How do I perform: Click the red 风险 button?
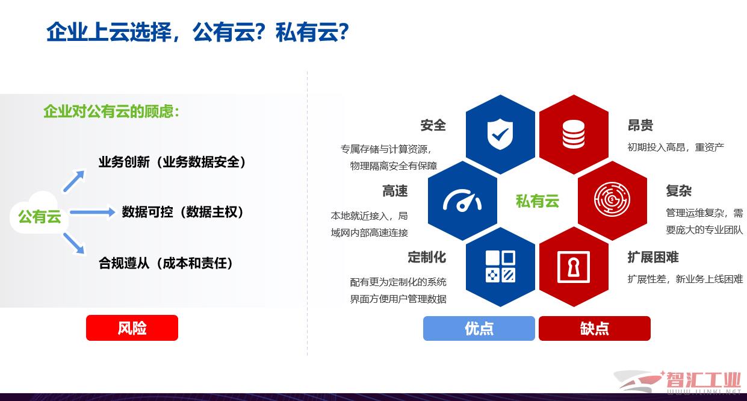(x=132, y=328)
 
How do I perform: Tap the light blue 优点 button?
(x=479, y=328)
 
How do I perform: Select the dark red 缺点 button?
(x=594, y=328)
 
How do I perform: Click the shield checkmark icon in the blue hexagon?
(x=500, y=134)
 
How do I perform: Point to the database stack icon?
(x=574, y=134)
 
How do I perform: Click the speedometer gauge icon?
(x=462, y=200)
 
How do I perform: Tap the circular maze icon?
(x=612, y=199)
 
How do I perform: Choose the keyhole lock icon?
(x=574, y=267)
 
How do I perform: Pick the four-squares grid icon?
(x=500, y=266)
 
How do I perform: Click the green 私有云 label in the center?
(x=538, y=201)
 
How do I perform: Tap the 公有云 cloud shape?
(x=39, y=213)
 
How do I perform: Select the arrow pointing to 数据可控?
(x=92, y=212)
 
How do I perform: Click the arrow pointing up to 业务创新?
(x=74, y=181)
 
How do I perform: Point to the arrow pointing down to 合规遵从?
(x=74, y=243)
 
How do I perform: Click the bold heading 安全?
(x=433, y=125)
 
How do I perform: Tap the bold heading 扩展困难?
(x=653, y=257)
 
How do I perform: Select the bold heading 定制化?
(x=427, y=257)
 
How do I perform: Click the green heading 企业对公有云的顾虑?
(x=111, y=111)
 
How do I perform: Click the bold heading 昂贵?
(x=640, y=125)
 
